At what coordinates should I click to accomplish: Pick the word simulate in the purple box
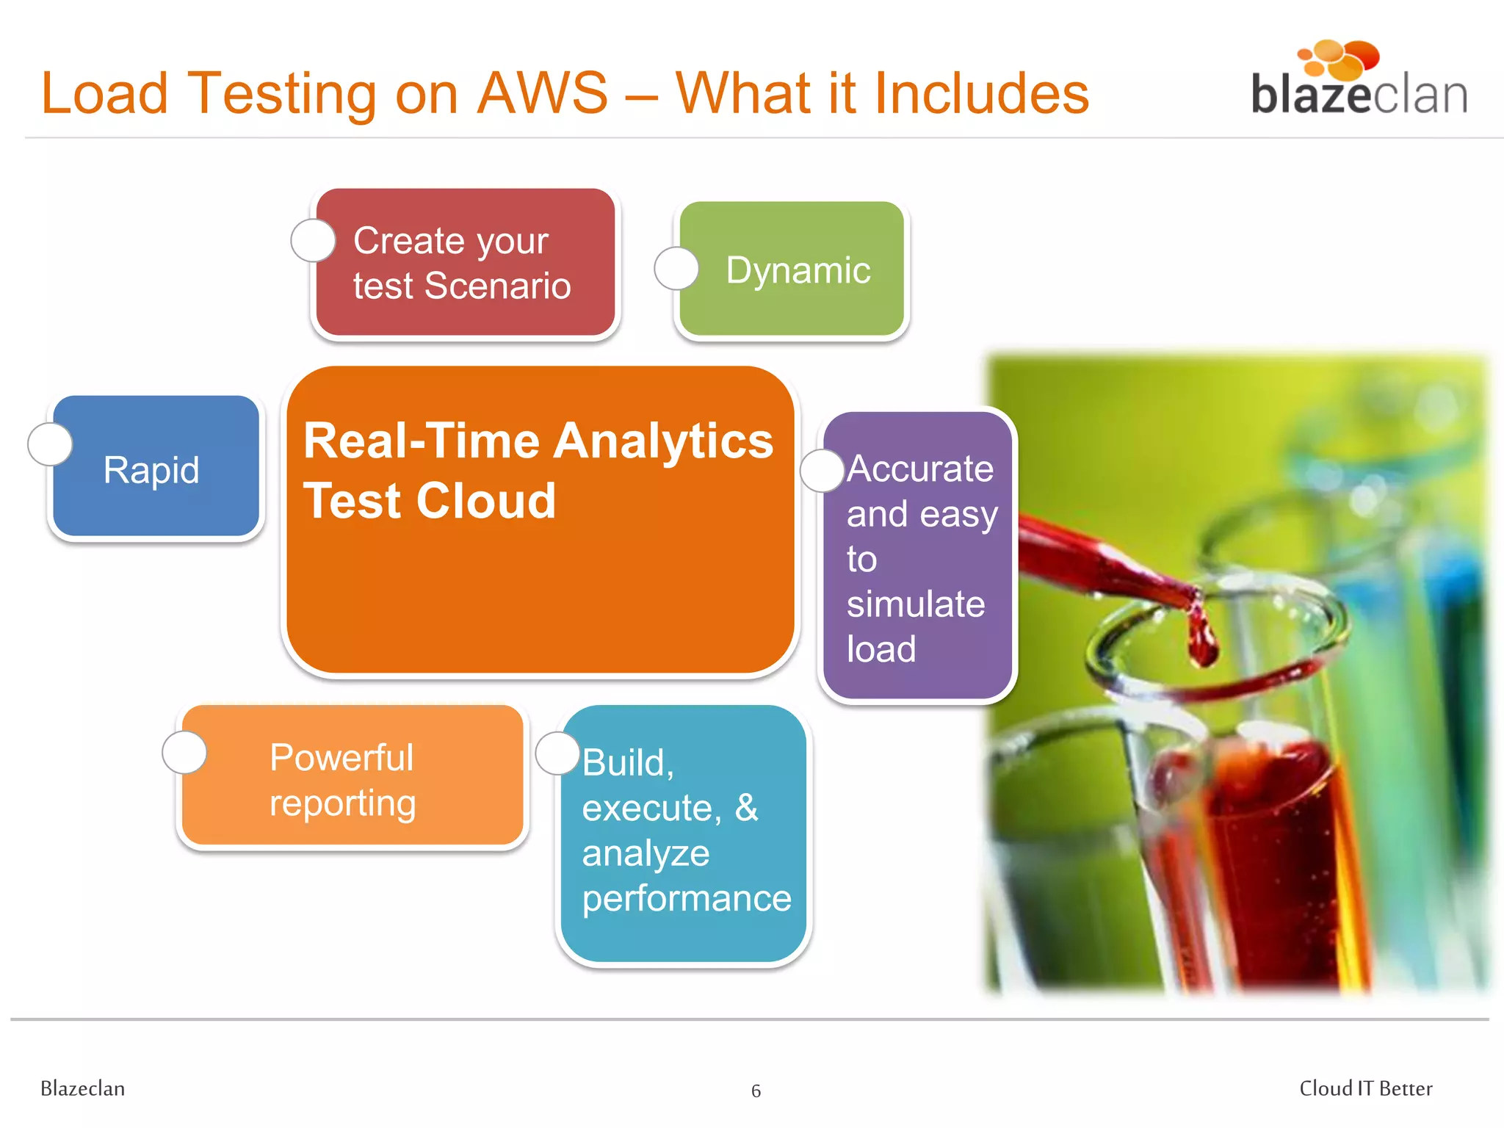click(915, 604)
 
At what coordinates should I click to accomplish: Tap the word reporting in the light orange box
click(342, 803)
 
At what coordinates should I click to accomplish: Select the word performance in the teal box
click(687, 899)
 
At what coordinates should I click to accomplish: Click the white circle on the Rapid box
click(50, 444)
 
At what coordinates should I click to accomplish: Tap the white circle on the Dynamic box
click(676, 268)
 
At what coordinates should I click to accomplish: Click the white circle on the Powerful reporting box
click(184, 752)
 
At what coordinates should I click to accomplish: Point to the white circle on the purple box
click(822, 471)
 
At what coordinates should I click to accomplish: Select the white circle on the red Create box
click(314, 240)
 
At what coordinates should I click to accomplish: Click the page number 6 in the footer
click(756, 1091)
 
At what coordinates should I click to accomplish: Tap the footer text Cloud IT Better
click(1365, 1088)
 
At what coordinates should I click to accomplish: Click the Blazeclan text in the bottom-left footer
click(82, 1088)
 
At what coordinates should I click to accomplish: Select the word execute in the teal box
click(646, 809)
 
